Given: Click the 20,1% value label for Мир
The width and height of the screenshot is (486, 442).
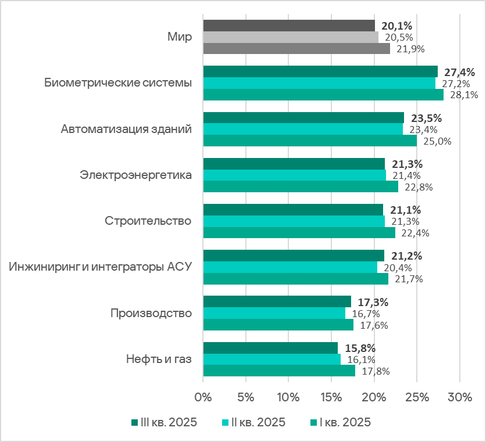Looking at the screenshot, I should click(x=397, y=26).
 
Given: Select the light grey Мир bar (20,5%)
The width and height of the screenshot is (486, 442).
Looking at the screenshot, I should click(x=291, y=37).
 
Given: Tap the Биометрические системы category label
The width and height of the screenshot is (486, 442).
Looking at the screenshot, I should click(x=118, y=83).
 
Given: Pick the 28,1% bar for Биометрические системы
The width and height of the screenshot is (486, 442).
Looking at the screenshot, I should click(x=323, y=95).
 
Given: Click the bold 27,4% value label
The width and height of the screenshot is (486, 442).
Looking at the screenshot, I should click(x=459, y=73).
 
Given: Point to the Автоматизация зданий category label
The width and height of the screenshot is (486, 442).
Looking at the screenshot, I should click(x=126, y=129).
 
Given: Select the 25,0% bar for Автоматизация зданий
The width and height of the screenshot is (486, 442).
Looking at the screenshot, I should click(x=310, y=141).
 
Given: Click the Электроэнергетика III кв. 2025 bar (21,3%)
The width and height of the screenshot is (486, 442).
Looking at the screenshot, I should click(x=294, y=164).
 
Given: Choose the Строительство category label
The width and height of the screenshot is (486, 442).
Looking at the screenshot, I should click(x=148, y=221).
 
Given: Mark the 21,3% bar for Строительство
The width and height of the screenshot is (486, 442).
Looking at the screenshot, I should click(x=294, y=221).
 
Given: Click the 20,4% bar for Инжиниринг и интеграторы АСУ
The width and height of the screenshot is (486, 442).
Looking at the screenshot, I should click(x=290, y=267).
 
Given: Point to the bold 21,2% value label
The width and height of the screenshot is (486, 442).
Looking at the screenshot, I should click(x=406, y=256).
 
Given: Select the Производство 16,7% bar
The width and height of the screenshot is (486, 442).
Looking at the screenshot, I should click(x=274, y=313).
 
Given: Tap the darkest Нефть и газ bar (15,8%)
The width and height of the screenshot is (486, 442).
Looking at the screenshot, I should click(x=270, y=348).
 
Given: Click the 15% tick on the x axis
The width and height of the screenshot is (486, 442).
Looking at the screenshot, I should click(x=331, y=398).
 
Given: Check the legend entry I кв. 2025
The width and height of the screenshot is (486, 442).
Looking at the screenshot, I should click(x=340, y=422).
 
